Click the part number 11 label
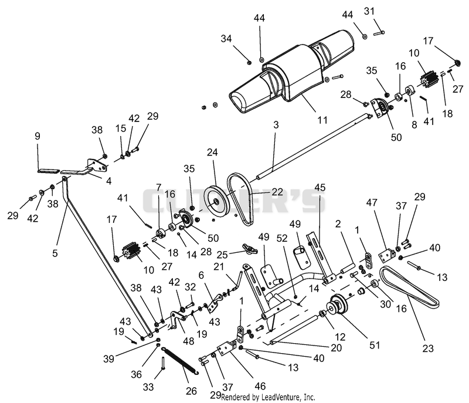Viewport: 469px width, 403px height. [322, 120]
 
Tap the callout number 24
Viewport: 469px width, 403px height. [212, 153]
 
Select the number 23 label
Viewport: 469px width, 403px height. [428, 348]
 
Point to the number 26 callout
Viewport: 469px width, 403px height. [192, 391]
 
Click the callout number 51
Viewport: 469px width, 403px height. [375, 345]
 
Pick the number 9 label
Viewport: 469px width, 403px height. [38, 136]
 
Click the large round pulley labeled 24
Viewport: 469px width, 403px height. [216, 202]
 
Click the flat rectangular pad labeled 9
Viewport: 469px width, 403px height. [47, 171]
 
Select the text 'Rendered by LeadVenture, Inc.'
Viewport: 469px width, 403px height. [268, 397]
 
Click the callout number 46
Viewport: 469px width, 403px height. [260, 386]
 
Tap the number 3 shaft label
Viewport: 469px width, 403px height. [276, 124]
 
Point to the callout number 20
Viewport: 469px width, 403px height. [336, 348]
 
